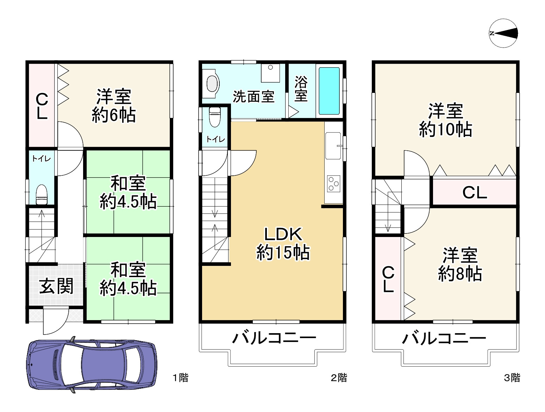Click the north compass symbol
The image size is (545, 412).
503,33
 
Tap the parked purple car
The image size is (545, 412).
92,364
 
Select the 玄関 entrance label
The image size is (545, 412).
56,286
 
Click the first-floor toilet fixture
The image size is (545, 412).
42,195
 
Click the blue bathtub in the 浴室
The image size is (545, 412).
329,91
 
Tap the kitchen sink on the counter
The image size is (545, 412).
333,145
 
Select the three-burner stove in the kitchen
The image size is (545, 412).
333,183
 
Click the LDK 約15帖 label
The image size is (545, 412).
283,243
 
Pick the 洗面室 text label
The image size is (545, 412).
253,96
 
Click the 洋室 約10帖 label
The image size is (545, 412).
445,120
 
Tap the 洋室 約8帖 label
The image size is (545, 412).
460,264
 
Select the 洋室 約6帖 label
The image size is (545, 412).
114,106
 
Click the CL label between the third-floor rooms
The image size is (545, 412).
475,193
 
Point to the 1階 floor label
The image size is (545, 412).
181,378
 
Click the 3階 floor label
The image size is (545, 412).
512,378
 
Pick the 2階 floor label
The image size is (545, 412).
339,378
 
